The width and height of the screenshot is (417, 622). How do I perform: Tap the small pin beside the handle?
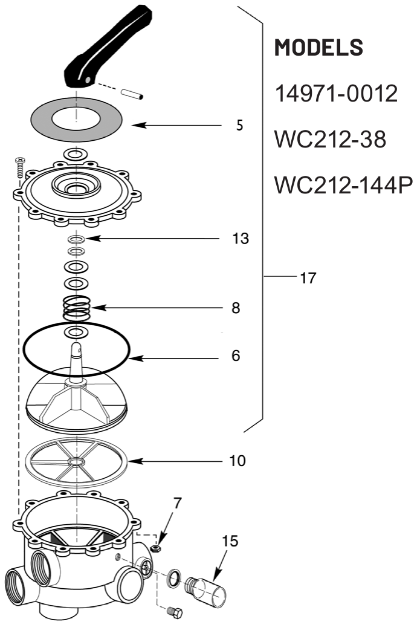tap(132, 94)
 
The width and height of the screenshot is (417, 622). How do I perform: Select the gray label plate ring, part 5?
tap(77, 119)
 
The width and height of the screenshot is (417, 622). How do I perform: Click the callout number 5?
tap(239, 125)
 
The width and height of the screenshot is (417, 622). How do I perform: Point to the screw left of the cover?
tap(20, 167)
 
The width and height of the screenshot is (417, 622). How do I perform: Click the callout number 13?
tap(241, 238)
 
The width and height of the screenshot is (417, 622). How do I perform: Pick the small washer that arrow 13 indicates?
tap(76, 239)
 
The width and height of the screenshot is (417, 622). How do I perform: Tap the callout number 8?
tap(236, 308)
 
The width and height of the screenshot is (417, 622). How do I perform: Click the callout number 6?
tap(236, 355)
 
